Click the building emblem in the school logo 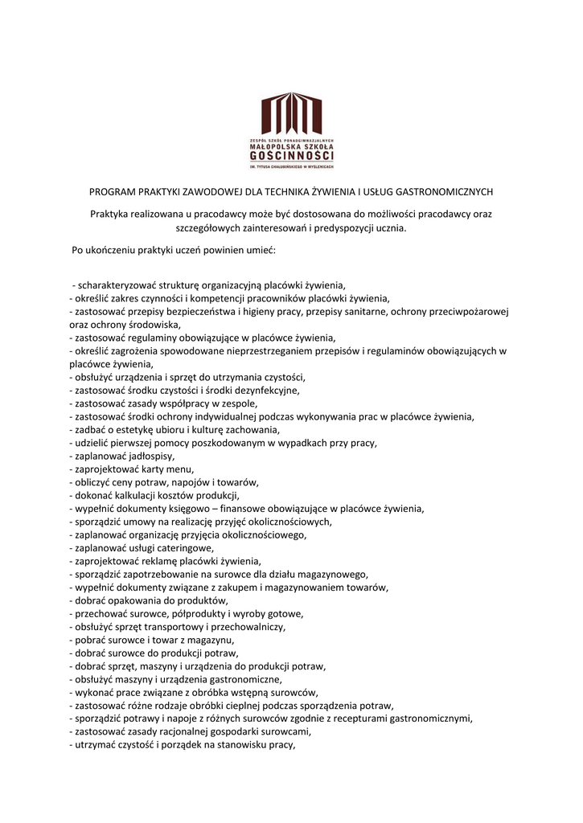[x=291, y=114]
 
